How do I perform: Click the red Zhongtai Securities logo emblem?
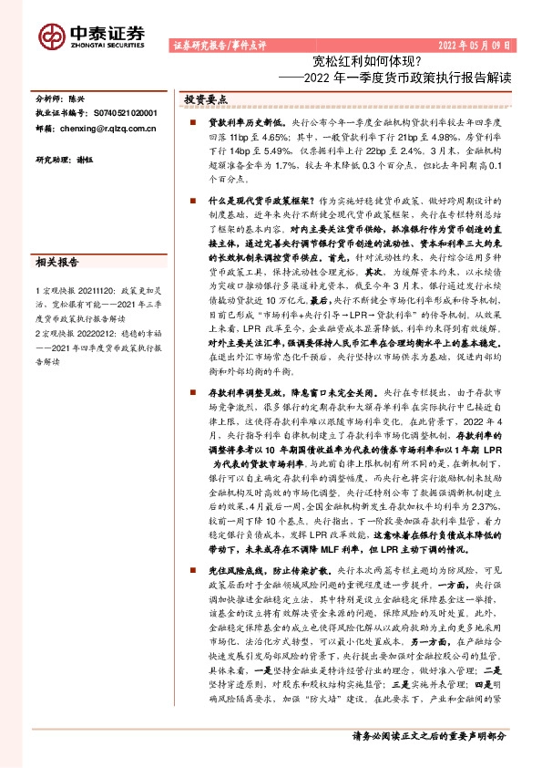click(x=50, y=35)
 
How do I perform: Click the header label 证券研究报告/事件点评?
click(x=213, y=44)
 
